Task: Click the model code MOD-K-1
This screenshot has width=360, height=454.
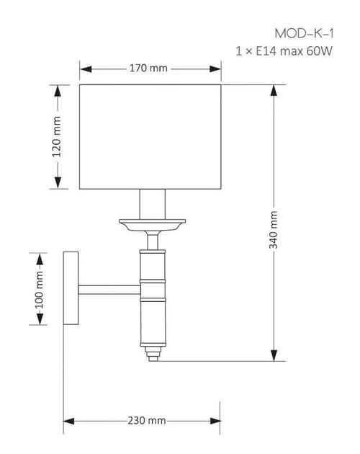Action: [304, 34]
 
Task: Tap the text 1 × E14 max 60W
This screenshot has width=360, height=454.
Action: [284, 51]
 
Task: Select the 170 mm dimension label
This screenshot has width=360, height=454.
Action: [148, 68]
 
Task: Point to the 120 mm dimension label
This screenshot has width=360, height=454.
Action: [57, 137]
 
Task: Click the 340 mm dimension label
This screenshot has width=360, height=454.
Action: [274, 230]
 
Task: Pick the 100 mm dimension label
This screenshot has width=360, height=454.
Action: [39, 290]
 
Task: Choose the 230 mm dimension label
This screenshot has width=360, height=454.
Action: [147, 420]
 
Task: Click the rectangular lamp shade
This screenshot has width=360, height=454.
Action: [150, 137]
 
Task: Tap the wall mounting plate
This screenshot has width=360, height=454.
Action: [71, 288]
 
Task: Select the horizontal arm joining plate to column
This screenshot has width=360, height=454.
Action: [109, 290]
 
